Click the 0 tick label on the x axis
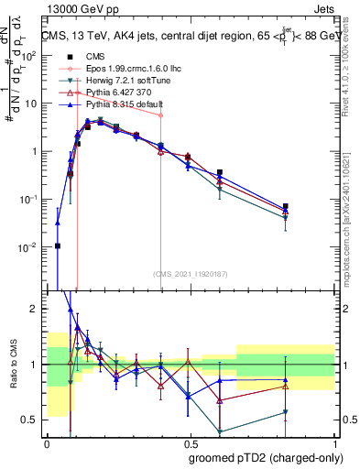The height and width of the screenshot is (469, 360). coord(47,442)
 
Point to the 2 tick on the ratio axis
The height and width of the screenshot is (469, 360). coord(36,310)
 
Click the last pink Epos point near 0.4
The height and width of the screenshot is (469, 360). coord(161,115)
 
